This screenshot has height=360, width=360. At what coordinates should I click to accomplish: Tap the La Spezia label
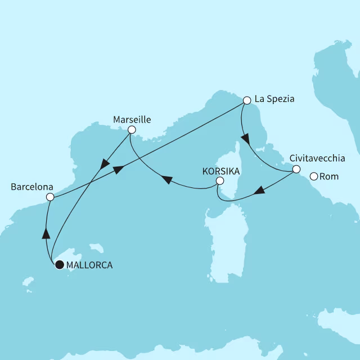tap(274, 100)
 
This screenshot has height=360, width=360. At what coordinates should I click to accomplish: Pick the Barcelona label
tap(31, 186)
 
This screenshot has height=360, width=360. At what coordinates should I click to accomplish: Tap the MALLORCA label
tap(89, 264)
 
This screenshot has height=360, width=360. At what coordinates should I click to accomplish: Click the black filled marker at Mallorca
tap(59, 264)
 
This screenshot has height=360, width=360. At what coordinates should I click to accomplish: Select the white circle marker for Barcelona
tap(49, 197)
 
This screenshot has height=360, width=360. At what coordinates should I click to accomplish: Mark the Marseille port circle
tap(132, 130)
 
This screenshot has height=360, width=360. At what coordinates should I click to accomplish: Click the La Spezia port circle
tap(246, 100)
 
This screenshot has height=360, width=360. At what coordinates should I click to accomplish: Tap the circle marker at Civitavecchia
tap(296, 168)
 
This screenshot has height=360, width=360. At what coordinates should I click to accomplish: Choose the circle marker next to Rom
tap(314, 176)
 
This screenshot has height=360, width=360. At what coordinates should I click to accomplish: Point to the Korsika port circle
tap(219, 181)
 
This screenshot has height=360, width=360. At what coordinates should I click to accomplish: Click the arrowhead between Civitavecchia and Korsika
tap(259, 191)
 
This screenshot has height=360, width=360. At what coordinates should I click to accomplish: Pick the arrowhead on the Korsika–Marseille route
tap(166, 179)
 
